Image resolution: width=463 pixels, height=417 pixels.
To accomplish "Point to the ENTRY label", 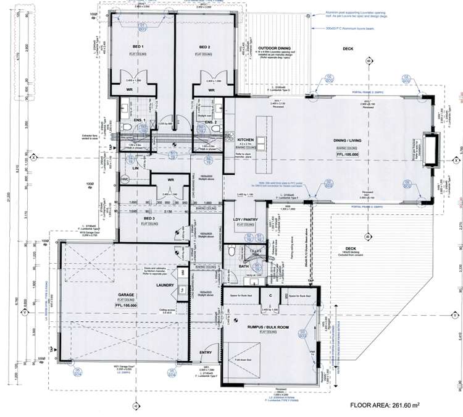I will (x=206, y=353).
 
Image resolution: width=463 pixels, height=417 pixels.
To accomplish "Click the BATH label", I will (x=227, y=266).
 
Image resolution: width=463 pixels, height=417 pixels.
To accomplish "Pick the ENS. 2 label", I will (x=209, y=122).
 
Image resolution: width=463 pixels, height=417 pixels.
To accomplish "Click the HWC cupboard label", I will (x=125, y=179).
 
